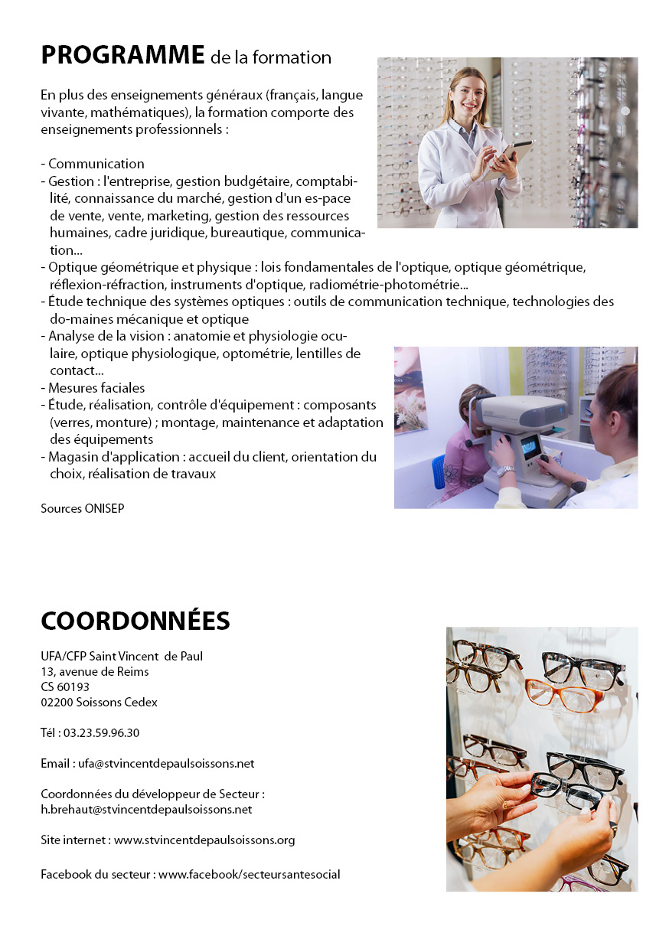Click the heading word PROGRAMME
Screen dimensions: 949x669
click(x=122, y=55)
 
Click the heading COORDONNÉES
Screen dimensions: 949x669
click(x=135, y=621)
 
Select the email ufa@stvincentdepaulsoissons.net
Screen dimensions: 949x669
click(x=166, y=763)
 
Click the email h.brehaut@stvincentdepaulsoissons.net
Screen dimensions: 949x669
click(x=146, y=809)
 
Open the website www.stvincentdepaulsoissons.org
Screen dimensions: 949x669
click(x=204, y=840)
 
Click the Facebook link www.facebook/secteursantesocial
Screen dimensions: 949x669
click(x=250, y=874)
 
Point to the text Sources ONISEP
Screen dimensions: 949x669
click(x=83, y=508)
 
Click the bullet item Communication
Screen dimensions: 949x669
click(x=96, y=164)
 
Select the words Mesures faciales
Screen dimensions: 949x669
click(x=96, y=388)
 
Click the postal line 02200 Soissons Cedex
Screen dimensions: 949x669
click(x=100, y=702)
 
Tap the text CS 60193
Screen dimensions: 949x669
click(x=65, y=686)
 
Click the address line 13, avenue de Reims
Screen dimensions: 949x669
click(x=95, y=671)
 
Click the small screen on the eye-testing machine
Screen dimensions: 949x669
click(x=530, y=446)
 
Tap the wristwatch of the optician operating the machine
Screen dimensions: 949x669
click(x=506, y=471)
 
